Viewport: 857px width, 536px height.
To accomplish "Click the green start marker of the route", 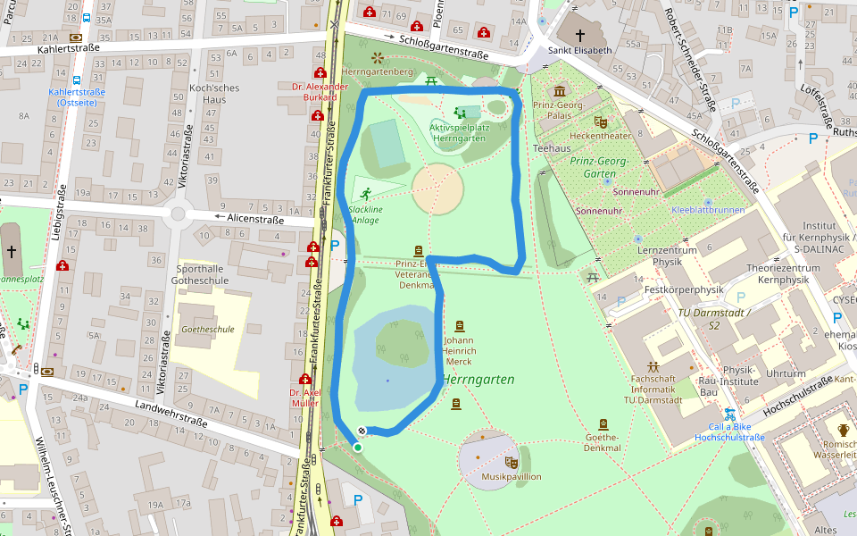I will [x=358, y=448].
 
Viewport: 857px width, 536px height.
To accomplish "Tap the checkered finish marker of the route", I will [x=362, y=431].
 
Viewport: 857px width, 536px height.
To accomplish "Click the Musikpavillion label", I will [x=512, y=476].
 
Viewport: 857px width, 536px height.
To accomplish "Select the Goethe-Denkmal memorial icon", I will [x=603, y=424].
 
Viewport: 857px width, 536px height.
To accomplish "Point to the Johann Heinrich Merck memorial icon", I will [x=460, y=326].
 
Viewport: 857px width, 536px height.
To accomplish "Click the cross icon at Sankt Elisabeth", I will [x=580, y=35].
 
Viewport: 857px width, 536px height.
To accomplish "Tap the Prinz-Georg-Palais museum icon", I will [x=560, y=91].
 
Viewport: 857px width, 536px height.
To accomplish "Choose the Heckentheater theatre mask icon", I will [x=601, y=121].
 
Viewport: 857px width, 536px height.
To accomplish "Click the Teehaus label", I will [x=551, y=147].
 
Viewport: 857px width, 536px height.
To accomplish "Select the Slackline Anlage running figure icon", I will [x=366, y=193].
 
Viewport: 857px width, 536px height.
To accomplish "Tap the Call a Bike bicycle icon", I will [x=729, y=415].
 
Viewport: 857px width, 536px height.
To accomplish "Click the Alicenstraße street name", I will [x=255, y=219].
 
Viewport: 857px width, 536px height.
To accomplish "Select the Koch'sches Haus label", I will [x=208, y=94].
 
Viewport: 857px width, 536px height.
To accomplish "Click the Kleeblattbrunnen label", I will [x=707, y=210].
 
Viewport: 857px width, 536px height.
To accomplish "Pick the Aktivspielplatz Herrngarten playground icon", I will [x=460, y=113].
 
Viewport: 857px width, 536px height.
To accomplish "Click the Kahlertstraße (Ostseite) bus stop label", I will [x=77, y=97].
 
